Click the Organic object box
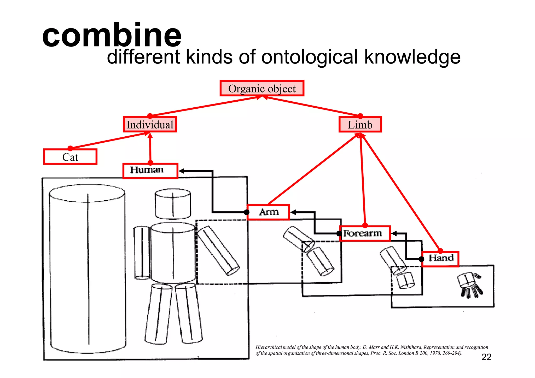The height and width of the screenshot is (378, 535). (262, 89)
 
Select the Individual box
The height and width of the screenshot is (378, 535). (150, 124)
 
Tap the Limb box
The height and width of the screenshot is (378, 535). (360, 125)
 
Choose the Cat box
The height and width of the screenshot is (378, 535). (70, 157)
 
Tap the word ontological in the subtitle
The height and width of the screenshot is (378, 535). (309, 57)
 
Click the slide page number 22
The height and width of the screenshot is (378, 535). (486, 357)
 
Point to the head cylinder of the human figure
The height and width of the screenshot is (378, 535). (173, 204)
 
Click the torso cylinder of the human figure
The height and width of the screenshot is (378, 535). (173, 252)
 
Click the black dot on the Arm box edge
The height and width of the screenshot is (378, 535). (247, 212)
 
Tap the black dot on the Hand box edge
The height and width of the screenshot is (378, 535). (421, 259)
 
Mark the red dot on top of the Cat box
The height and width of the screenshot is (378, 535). (70, 149)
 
